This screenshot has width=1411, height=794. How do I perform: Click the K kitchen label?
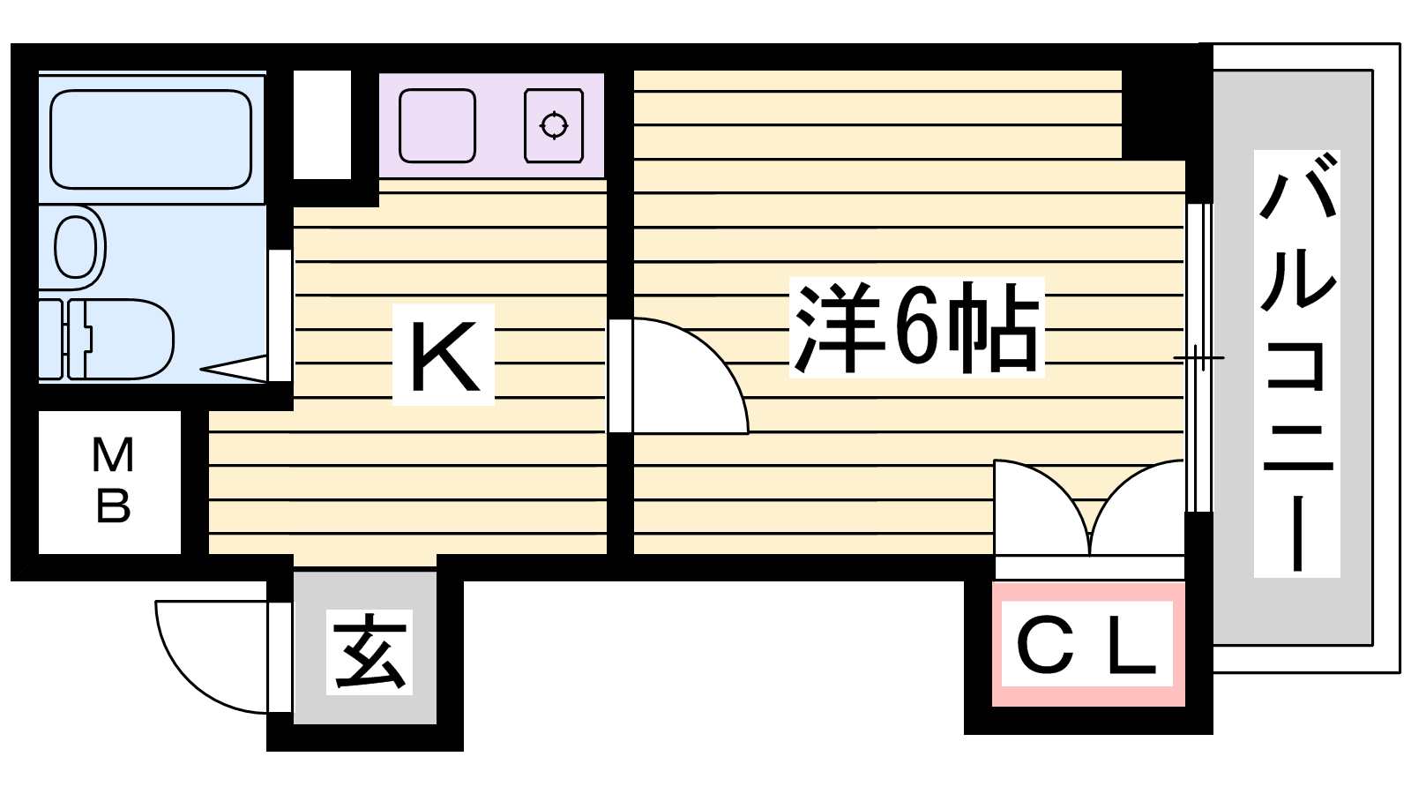(x=444, y=355)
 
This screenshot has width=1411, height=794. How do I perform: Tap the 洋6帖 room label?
(x=916, y=327)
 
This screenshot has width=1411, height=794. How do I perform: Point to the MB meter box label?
(x=112, y=481)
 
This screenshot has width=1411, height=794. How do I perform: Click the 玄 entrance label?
(x=370, y=652)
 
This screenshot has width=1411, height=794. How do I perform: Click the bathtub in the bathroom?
(x=151, y=139)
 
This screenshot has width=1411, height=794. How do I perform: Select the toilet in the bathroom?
(x=123, y=339)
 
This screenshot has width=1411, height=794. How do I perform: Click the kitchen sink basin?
(x=437, y=125)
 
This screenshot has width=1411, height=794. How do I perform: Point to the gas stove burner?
(x=554, y=125)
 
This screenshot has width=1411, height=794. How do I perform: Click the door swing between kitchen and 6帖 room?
(x=683, y=379)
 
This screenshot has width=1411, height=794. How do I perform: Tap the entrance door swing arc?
(x=207, y=657)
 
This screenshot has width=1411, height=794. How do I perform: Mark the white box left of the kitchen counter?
(x=322, y=124)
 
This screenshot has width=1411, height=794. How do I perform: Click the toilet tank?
(x=50, y=339)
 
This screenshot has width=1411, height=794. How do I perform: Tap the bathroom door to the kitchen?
(x=279, y=316)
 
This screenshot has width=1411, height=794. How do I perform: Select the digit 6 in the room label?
(x=916, y=327)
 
